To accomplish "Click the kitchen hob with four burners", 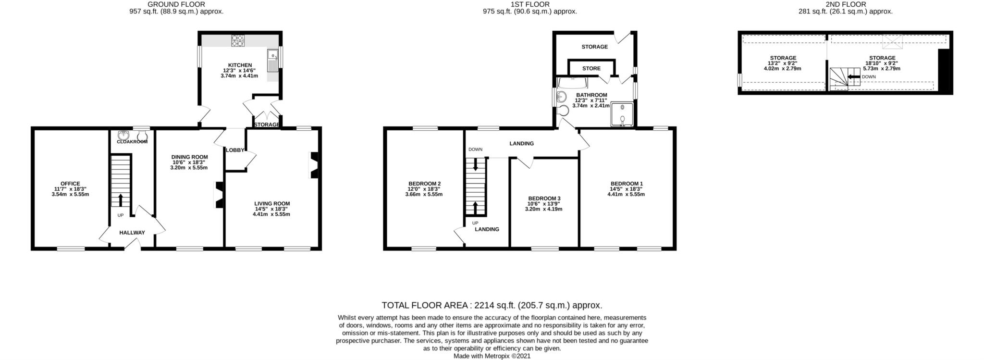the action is [x=238, y=40].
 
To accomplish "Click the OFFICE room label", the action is [x=70, y=184].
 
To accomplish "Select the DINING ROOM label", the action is [x=190, y=157].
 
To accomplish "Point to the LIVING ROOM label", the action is [x=272, y=203].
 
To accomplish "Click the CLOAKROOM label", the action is [x=132, y=142].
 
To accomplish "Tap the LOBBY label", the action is [x=235, y=150].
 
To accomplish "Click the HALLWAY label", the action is [x=132, y=233].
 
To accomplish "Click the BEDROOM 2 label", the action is [x=425, y=184].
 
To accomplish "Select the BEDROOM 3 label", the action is [x=544, y=199].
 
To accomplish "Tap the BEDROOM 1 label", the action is [x=627, y=184].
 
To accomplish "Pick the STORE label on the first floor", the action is [x=591, y=68].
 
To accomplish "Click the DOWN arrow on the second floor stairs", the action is [x=853, y=76].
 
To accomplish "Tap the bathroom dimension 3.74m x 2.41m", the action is [x=591, y=106].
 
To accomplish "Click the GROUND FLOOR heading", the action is [x=176, y=4].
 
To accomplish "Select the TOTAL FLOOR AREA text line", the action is [x=492, y=305].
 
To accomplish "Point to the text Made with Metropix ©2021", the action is [x=492, y=356].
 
